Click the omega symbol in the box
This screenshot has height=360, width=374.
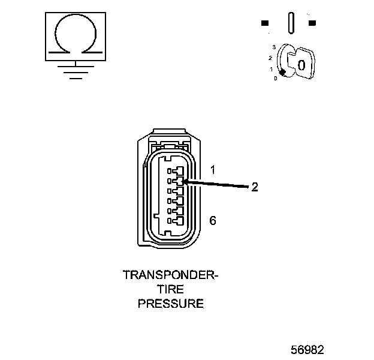pyautogui.click(x=75, y=35)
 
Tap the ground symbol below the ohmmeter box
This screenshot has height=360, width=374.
pyautogui.click(x=74, y=71)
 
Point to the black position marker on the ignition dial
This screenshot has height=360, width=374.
pyautogui.click(x=283, y=72)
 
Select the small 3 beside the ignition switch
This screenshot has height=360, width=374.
pyautogui.click(x=274, y=47)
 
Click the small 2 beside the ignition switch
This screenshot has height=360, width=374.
pyautogui.click(x=271, y=58)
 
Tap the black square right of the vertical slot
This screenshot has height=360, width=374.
pyautogui.click(x=312, y=23)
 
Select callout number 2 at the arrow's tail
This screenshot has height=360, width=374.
pyautogui.click(x=254, y=187)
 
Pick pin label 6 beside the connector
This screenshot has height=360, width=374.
pyautogui.click(x=212, y=220)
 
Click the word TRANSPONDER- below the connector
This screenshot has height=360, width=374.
pyautogui.click(x=170, y=275)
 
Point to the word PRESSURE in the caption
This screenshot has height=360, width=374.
pyautogui.click(x=170, y=304)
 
